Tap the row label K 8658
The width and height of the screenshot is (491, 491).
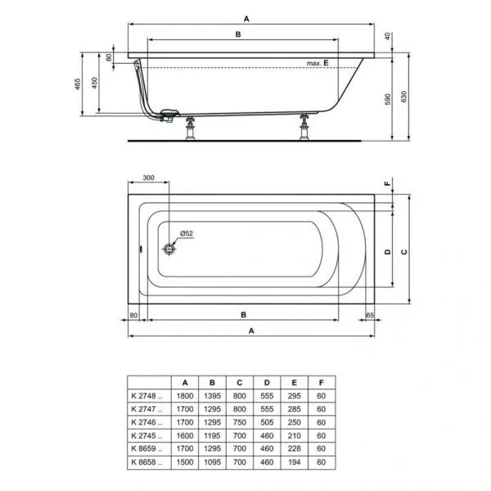click(148, 463)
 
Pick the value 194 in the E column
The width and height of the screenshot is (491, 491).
click(294, 463)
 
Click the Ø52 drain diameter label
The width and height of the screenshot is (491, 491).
click(186, 234)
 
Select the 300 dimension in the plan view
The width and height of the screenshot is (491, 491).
click(147, 178)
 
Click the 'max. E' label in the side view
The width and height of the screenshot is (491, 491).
click(318, 63)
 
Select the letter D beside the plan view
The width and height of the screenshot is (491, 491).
click(386, 251)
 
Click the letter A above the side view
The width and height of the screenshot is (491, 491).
click(246, 16)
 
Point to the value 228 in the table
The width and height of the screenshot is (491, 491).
click(294, 449)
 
